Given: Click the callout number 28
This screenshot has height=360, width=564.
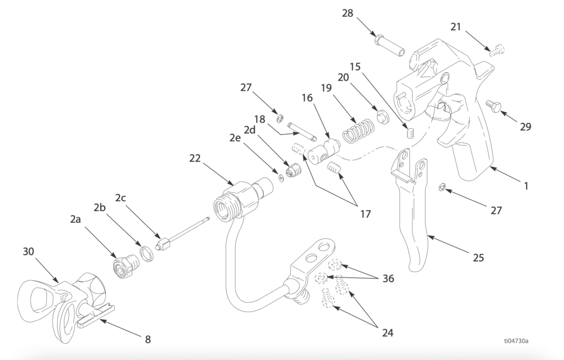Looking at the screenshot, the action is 348,13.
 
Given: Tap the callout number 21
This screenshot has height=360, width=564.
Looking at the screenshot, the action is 455,27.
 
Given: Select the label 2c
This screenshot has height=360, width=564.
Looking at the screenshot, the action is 121,198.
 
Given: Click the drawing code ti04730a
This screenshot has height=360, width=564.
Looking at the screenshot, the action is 516,340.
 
